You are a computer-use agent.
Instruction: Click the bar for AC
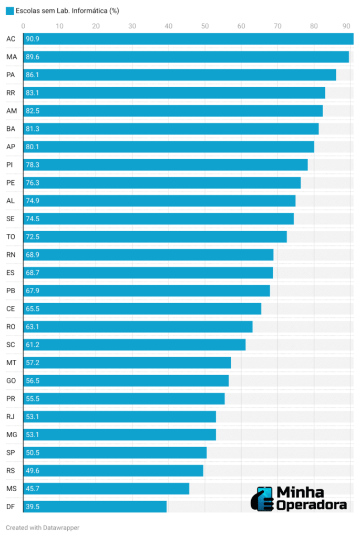[x=188, y=39]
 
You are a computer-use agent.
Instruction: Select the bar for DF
[x=95, y=506]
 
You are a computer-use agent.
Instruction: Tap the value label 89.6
[x=33, y=57]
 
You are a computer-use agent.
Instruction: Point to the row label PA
[x=11, y=75]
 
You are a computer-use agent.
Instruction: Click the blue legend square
[x=9, y=11]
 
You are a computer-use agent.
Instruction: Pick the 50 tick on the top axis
[x=204, y=26]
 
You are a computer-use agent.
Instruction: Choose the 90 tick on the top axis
[x=346, y=26]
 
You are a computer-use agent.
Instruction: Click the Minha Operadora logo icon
[x=265, y=499]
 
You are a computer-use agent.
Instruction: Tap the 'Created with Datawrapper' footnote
[x=43, y=527]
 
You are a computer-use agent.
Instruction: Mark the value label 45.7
[x=33, y=489]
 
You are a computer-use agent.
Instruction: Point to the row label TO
[x=11, y=237]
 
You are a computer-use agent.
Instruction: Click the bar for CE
[x=142, y=309]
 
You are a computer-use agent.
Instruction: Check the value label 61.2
[x=33, y=345]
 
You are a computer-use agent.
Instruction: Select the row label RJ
[x=11, y=417]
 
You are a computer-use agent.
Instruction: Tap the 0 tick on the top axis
[x=23, y=26]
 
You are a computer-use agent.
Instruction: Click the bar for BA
[x=171, y=129]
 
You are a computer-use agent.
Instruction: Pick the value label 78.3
[x=33, y=165]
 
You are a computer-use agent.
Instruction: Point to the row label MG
[x=12, y=434]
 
